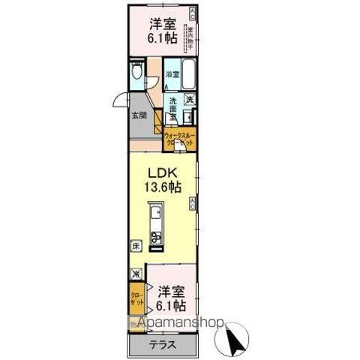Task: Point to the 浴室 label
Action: pos(172,74)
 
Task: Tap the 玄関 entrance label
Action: pos(139,115)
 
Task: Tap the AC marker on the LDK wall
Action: pos(193,200)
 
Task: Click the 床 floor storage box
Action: pos(136,245)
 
